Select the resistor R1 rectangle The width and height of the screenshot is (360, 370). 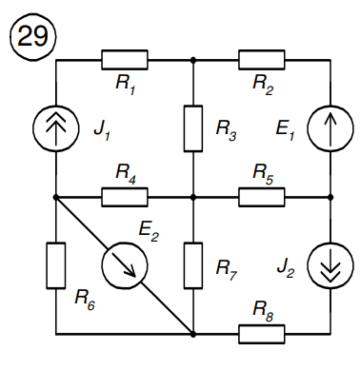coord(124,60)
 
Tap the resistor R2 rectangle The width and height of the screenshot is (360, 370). coord(262,60)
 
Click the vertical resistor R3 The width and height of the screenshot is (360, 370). coord(193,127)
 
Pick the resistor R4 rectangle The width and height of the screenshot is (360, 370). coord(124,197)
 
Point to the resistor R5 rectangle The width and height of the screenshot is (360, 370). coord(262,197)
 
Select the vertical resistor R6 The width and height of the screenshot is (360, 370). coord(56,265)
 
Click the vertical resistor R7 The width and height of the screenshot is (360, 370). coord(193,265)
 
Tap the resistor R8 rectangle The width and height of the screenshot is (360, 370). coord(262,334)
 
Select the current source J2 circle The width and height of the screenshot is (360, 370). coord(330,265)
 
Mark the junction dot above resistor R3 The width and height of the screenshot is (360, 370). coord(193,60)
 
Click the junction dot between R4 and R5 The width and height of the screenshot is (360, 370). coord(193,197)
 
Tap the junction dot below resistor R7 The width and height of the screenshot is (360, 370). coord(193,334)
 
